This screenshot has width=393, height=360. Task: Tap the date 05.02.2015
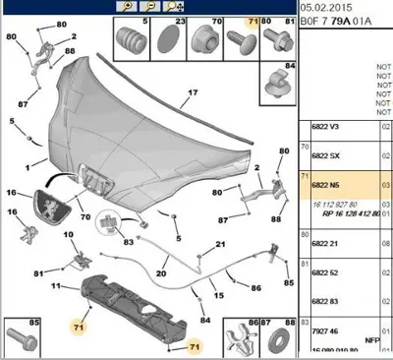pos(327,6)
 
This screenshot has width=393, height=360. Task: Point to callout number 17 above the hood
pos(193,93)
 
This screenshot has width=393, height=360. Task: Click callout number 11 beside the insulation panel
pos(56,286)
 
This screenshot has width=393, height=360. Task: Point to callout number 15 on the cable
pos(217,295)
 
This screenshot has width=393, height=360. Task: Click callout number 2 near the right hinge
pos(257,168)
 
